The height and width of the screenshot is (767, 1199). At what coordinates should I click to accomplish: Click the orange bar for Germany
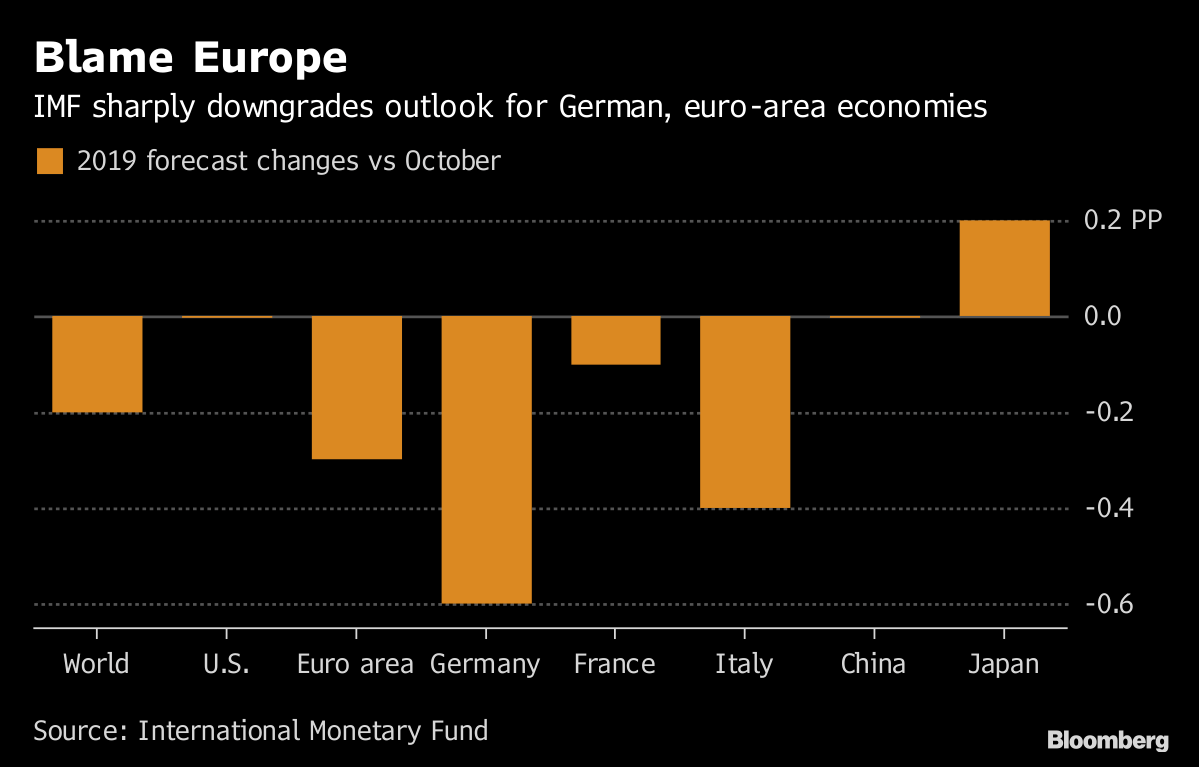click(486, 459)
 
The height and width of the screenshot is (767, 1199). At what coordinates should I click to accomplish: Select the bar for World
click(97, 364)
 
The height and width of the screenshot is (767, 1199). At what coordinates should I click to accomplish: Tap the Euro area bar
click(356, 387)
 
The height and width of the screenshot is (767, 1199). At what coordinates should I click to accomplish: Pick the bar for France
click(615, 341)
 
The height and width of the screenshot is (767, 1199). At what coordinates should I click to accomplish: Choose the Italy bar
click(745, 411)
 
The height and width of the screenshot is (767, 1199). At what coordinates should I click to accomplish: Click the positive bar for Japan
click(1004, 268)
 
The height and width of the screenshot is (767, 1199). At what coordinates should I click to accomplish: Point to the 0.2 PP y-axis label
click(1123, 220)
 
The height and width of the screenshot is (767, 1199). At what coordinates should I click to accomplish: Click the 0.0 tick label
click(1109, 317)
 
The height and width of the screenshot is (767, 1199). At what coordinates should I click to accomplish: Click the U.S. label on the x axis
click(226, 664)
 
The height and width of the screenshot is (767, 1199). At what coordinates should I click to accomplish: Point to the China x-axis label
click(874, 664)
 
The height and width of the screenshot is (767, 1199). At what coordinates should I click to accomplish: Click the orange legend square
click(49, 161)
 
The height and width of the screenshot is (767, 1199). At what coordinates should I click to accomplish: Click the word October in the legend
click(452, 161)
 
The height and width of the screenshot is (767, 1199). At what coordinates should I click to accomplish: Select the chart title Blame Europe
click(190, 58)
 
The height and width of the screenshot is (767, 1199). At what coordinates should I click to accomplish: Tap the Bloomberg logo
click(1107, 740)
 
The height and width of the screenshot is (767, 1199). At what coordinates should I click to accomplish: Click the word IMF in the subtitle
click(56, 107)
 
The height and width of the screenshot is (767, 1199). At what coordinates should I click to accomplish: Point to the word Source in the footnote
click(76, 730)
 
